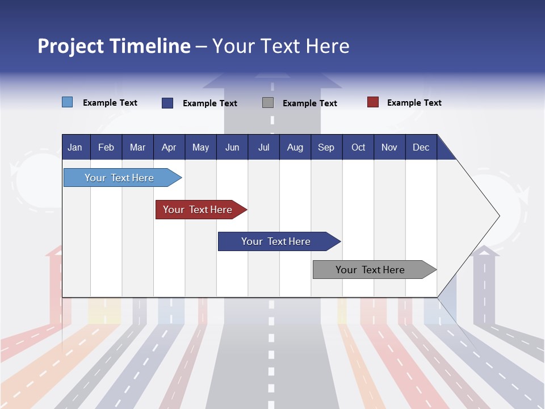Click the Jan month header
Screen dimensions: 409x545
75,147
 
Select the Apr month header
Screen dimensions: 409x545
169,147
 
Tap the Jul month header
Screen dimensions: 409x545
263,147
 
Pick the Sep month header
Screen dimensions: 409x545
326,147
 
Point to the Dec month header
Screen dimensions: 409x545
421,147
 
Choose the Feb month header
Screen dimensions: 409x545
106,147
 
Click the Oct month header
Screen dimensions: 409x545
358,147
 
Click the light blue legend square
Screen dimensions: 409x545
68,102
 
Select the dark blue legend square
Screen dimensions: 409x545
167,103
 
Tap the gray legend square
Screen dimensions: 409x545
268,103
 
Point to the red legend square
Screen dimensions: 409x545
373,102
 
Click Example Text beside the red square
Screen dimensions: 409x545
414,103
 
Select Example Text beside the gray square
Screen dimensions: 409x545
309,103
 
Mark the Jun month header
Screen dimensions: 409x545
232,147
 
